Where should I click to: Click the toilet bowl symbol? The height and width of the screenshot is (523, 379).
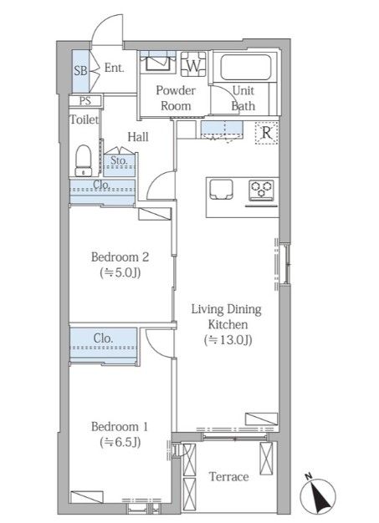click(x=84, y=160)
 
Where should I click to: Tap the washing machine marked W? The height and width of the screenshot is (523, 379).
click(x=193, y=64)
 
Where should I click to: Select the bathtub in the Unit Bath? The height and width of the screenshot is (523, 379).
click(x=245, y=67)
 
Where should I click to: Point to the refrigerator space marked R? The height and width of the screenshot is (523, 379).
click(x=266, y=133)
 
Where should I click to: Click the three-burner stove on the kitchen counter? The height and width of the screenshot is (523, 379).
click(x=261, y=190)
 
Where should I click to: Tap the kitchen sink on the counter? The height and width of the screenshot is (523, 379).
click(x=221, y=189)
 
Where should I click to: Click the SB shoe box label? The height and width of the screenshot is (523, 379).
click(x=81, y=71)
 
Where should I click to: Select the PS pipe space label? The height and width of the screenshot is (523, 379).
click(x=85, y=101)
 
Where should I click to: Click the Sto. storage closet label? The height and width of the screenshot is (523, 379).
click(x=119, y=160)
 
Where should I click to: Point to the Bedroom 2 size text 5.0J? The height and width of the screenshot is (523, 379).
click(x=120, y=273)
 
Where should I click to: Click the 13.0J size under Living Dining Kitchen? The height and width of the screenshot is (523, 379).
click(x=228, y=340)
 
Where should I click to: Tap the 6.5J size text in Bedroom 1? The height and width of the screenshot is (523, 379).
click(x=120, y=442)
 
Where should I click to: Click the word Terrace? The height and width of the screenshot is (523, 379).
click(x=229, y=477)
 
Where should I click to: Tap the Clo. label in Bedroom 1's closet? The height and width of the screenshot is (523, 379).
click(x=103, y=338)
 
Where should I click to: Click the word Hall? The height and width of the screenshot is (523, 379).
click(x=138, y=137)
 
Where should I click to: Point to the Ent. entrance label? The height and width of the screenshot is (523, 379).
click(x=114, y=68)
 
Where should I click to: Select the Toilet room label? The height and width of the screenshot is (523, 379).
click(x=85, y=119)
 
